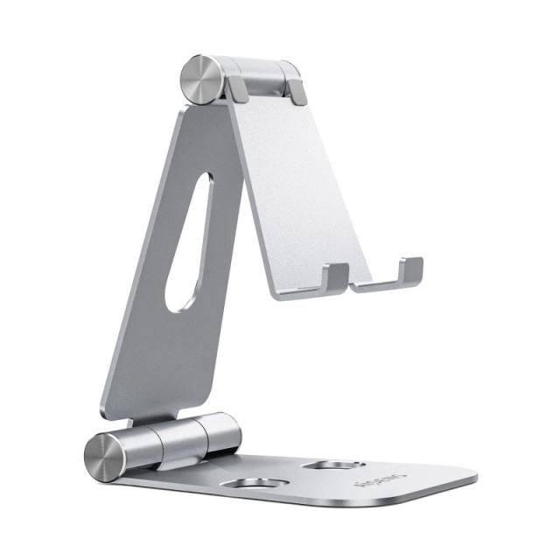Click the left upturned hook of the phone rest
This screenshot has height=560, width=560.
click(x=334, y=275)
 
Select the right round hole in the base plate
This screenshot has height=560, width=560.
click(x=337, y=465)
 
